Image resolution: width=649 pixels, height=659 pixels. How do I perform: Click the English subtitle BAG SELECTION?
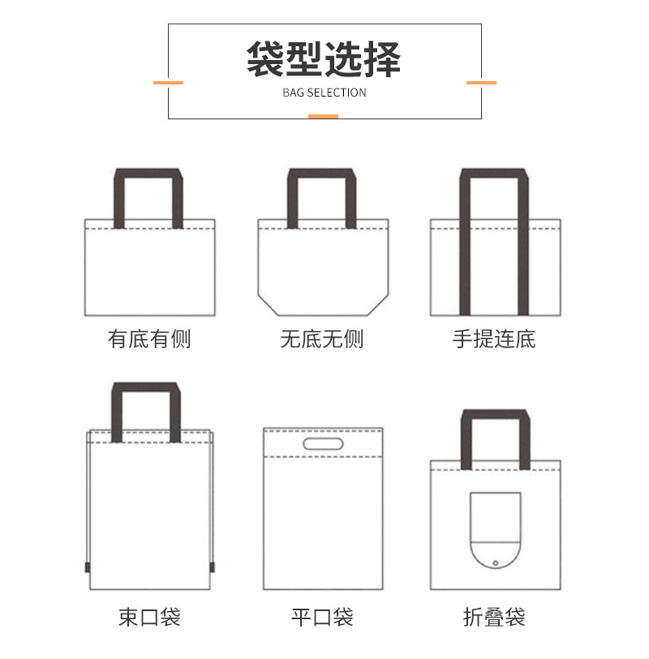pyautogui.click(x=324, y=93)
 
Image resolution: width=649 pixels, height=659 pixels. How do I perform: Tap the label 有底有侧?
pyautogui.click(x=149, y=338)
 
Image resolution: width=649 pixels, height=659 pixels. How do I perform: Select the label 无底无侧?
pyautogui.click(x=322, y=338)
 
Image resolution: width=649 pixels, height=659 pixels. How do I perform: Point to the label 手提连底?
pyautogui.click(x=494, y=338)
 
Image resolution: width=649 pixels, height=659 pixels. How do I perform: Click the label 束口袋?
pyautogui.click(x=149, y=616)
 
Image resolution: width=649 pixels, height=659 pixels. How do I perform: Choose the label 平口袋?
pyautogui.click(x=322, y=617)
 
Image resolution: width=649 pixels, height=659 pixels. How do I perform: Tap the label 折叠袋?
pyautogui.click(x=494, y=617)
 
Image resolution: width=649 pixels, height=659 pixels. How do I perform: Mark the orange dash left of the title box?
pyautogui.click(x=168, y=82)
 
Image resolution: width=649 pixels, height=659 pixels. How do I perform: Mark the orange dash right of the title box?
pyautogui.click(x=481, y=82)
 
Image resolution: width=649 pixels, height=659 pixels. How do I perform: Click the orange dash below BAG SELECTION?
pyautogui.click(x=323, y=116)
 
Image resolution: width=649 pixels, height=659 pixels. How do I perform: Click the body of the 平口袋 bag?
pyautogui.click(x=322, y=528)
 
